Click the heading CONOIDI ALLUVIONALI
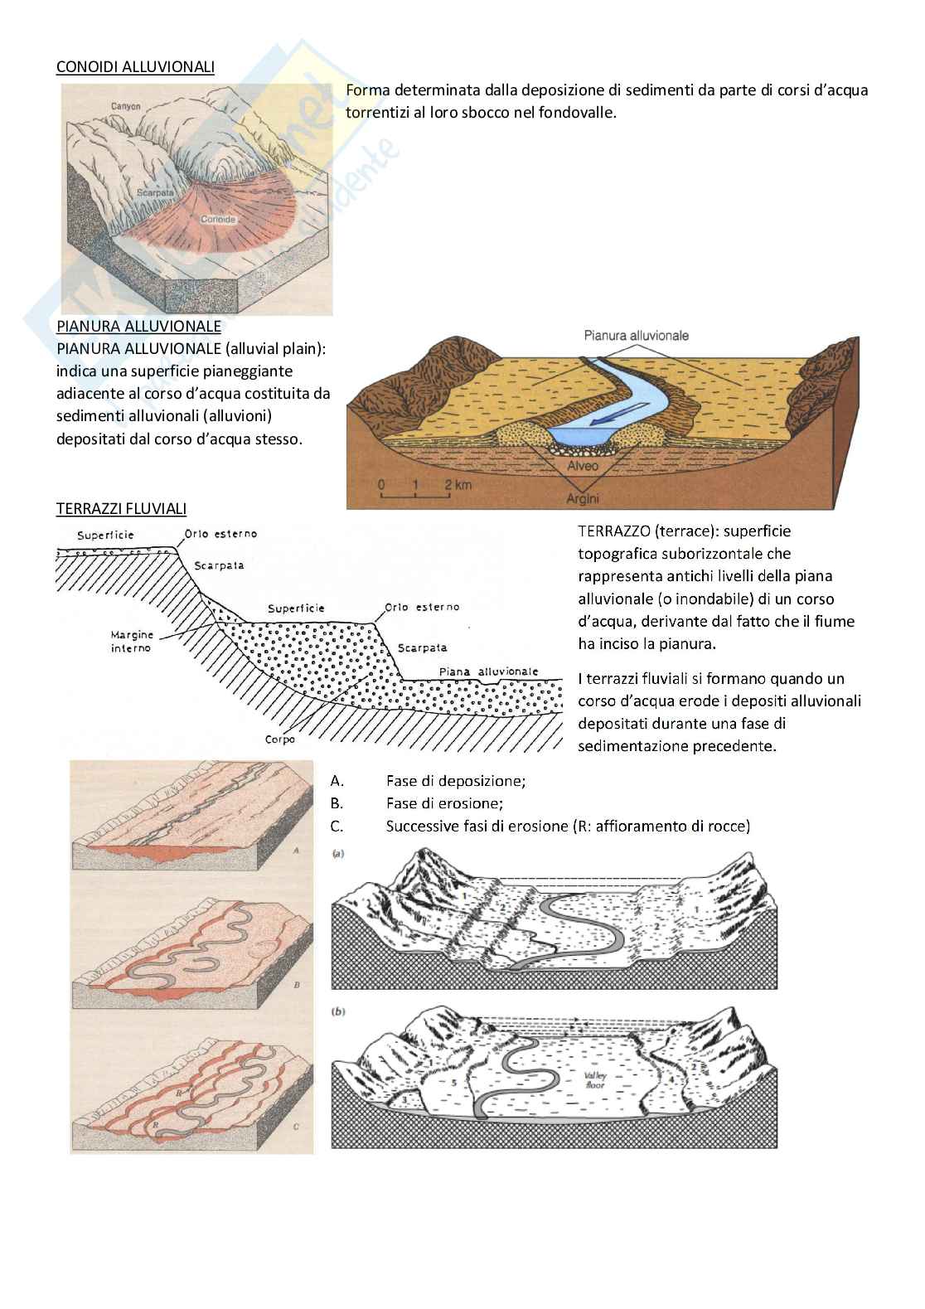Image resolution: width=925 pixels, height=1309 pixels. click(135, 67)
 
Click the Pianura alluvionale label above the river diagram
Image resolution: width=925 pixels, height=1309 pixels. click(636, 336)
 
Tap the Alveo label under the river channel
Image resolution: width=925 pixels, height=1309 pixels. click(583, 467)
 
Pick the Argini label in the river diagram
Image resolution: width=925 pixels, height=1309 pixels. click(583, 498)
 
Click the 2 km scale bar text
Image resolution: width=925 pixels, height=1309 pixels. click(457, 484)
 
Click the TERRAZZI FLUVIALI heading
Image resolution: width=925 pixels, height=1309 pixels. click(121, 508)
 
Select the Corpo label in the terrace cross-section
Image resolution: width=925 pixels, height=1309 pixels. click(280, 739)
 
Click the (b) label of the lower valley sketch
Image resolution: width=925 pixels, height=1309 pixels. click(338, 1011)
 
